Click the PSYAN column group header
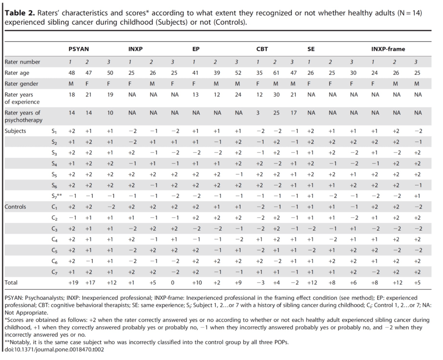[x=79, y=49]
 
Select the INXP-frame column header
[x=388, y=49]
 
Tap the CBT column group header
[x=262, y=49]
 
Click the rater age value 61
[x=276, y=73]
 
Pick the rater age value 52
[x=238, y=73]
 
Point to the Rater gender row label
[x=21, y=84]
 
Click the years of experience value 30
[x=276, y=95]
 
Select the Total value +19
[x=74, y=283]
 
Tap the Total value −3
[x=260, y=283]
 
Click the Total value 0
[x=172, y=283]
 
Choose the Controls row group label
[x=15, y=206]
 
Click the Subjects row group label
[x=15, y=131]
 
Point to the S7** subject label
[x=57, y=196]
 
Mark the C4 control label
[x=55, y=240]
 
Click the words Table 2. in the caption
[x=19, y=13]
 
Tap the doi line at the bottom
[x=54, y=350]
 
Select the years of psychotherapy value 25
[x=276, y=113]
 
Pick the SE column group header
[x=311, y=49]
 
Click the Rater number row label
[x=22, y=62]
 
